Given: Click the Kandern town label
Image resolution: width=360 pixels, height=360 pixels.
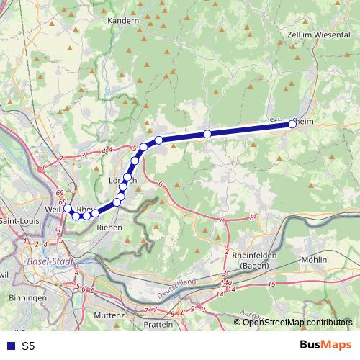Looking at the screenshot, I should click(x=122, y=21).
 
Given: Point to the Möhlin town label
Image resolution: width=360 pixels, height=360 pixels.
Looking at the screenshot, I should click(x=315, y=259).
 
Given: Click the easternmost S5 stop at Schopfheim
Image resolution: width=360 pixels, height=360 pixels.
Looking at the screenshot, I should click(x=292, y=125).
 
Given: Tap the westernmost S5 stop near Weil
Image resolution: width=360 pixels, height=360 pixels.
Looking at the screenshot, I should click(x=67, y=209).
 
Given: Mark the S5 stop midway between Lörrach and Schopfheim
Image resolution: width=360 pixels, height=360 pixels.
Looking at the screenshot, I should click(x=207, y=134).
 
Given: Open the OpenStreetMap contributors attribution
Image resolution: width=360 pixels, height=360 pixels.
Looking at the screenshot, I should click(x=298, y=322).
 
